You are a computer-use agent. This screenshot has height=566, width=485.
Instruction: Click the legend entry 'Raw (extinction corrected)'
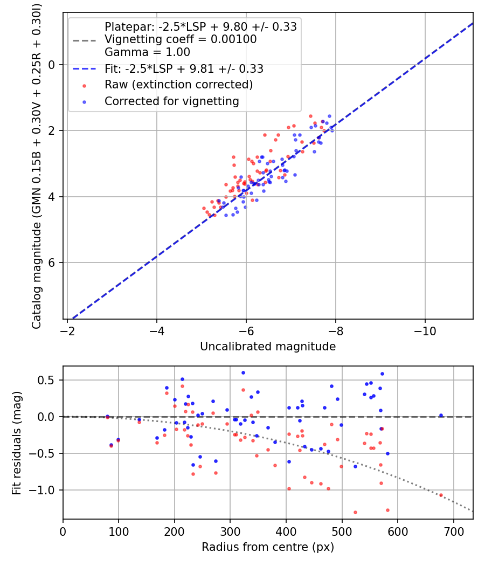[178, 85]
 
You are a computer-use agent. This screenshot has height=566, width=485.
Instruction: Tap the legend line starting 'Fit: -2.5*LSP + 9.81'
[184, 69]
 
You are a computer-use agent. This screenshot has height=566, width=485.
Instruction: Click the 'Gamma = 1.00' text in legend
[147, 52]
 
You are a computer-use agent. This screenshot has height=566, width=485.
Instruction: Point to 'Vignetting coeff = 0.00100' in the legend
[181, 39]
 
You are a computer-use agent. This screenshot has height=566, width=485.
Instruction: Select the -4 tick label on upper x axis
[157, 329]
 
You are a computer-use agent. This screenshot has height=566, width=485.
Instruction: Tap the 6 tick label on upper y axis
[52, 263]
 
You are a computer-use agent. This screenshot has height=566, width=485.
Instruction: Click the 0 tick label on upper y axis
[52, 65]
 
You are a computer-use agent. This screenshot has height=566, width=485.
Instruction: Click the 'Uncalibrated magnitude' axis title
[268, 347]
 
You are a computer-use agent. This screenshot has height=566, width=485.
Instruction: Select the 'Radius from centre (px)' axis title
[268, 547]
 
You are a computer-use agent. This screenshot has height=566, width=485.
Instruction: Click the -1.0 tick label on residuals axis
[45, 490]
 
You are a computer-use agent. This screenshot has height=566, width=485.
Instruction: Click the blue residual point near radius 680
[441, 415]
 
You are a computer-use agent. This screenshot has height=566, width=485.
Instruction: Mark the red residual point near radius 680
[441, 495]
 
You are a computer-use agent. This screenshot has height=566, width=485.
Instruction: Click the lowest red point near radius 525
[355, 512]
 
